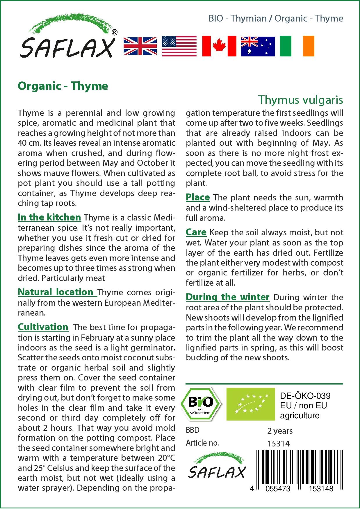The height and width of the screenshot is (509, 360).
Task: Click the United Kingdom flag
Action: click(x=140, y=46)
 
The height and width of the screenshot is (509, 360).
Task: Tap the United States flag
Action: click(x=179, y=46)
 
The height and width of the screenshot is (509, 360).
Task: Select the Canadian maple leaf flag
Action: click(x=219, y=46)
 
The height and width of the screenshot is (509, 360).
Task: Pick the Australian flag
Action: click(x=258, y=46)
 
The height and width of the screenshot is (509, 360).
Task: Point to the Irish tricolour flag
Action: click(x=297, y=46)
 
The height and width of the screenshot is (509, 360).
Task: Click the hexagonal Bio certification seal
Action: click(x=201, y=404)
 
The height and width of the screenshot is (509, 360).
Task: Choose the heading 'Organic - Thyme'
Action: click(x=63, y=86)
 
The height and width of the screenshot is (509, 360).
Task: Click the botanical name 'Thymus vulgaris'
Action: click(x=300, y=100)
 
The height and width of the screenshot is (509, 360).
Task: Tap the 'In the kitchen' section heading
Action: click(x=49, y=217)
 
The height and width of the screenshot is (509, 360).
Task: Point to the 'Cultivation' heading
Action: click(x=43, y=327)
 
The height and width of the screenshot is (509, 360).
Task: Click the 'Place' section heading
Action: click(x=198, y=197)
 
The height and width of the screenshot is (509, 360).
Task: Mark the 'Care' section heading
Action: click(x=196, y=232)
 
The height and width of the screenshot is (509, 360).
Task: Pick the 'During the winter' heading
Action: click(x=227, y=297)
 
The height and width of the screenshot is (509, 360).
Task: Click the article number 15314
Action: click(x=278, y=444)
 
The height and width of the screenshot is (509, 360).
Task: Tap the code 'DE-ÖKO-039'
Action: click(x=305, y=396)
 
